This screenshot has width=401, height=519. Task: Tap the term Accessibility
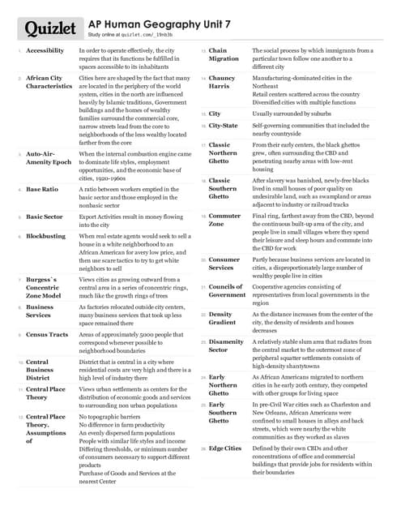(x=45, y=50)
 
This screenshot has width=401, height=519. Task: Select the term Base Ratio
(x=41, y=190)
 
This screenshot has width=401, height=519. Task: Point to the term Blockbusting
(x=45, y=236)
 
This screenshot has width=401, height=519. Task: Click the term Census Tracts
(x=47, y=334)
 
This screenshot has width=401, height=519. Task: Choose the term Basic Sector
(x=44, y=217)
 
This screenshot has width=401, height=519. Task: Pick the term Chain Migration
(x=224, y=54)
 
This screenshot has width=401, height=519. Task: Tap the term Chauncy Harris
(x=222, y=82)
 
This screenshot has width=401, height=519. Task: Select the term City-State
(x=224, y=127)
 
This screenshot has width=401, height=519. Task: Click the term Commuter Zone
(x=224, y=221)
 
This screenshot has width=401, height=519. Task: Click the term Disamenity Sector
(x=226, y=346)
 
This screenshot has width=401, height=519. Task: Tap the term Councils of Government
(x=227, y=290)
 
